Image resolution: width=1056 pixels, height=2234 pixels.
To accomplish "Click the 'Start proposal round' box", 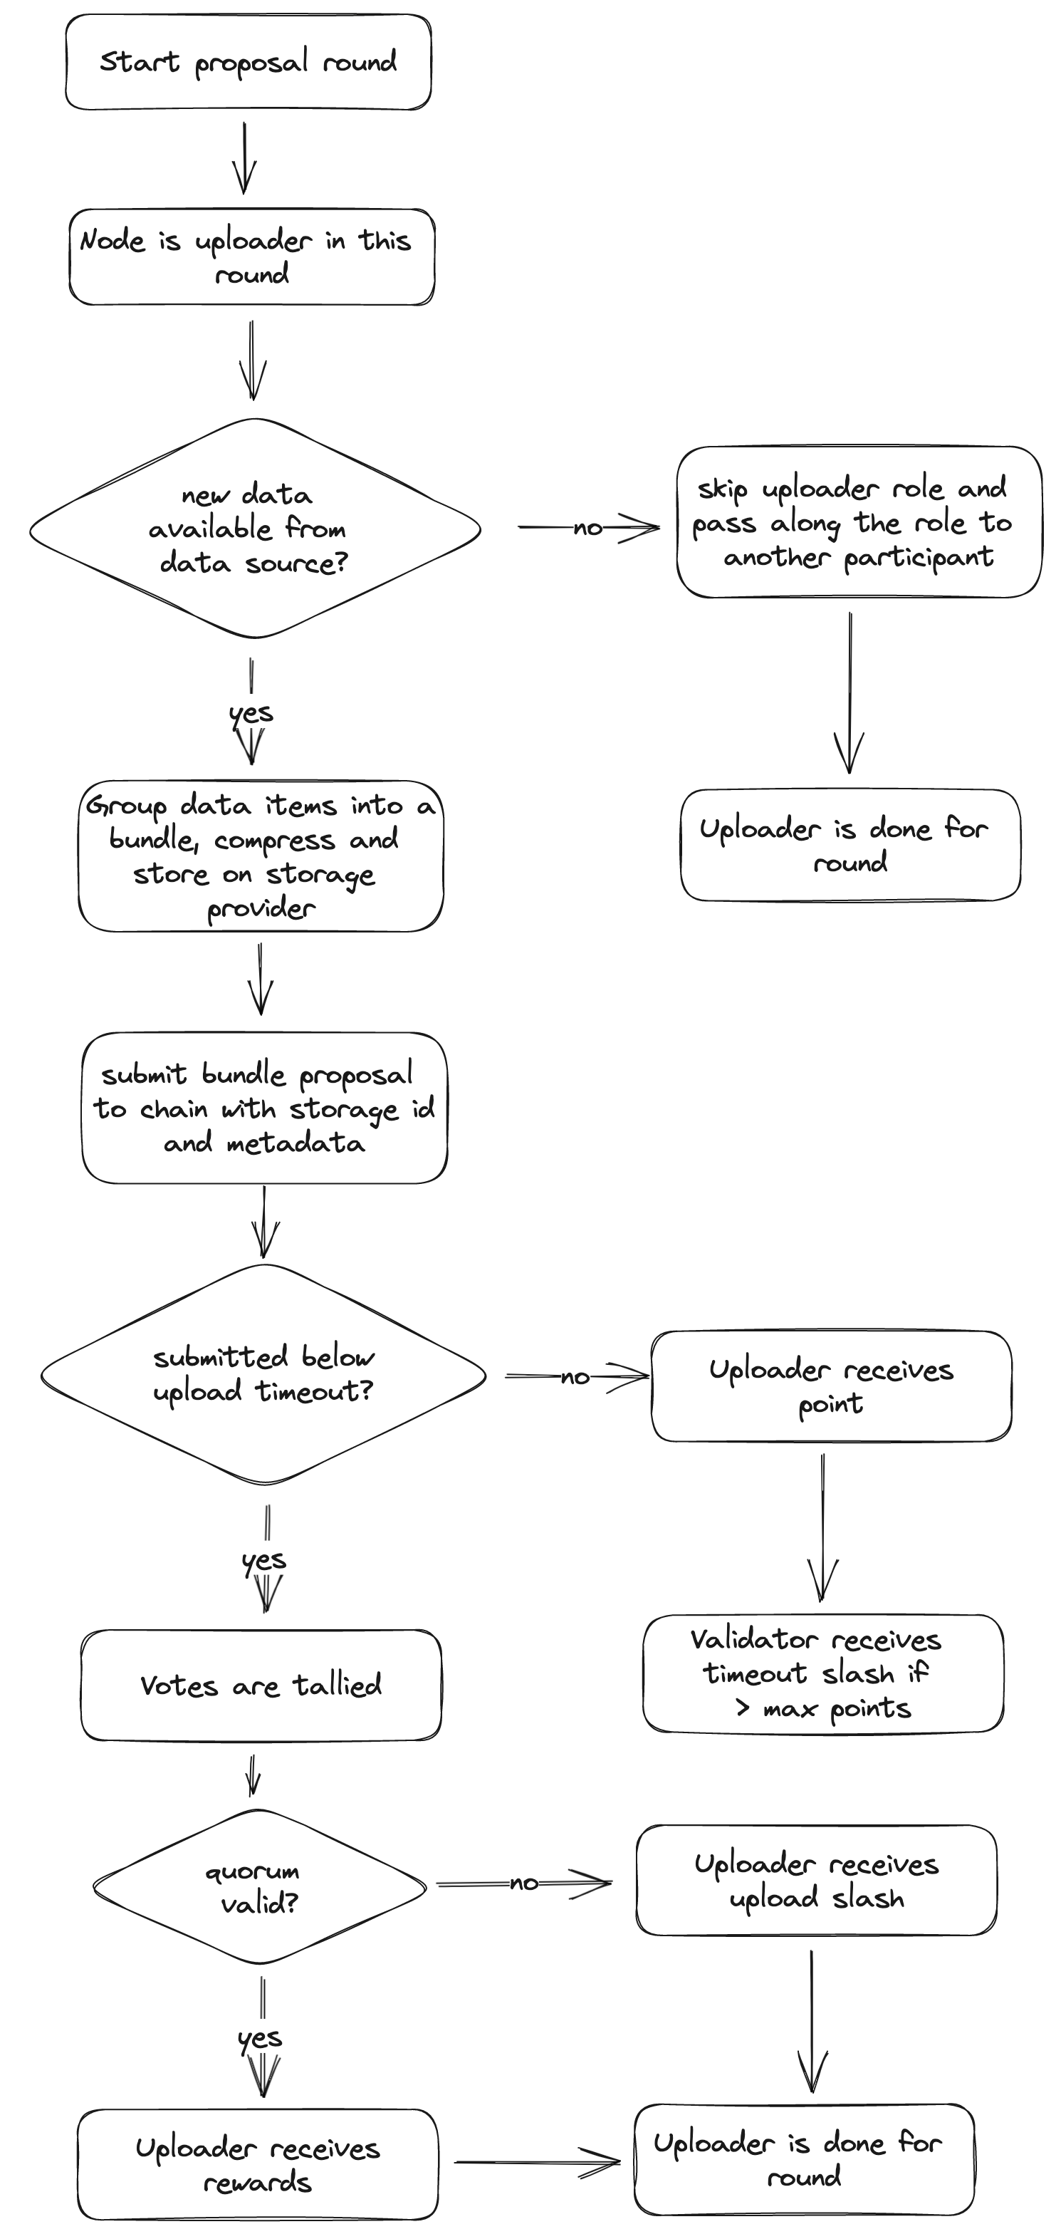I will (248, 61).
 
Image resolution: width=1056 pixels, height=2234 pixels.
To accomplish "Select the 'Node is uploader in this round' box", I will (251, 256).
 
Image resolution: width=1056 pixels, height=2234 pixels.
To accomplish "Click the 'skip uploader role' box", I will (858, 522).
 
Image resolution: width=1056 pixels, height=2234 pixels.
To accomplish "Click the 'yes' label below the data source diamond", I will (251, 714).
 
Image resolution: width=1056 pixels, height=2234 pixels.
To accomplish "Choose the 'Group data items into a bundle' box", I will (260, 856).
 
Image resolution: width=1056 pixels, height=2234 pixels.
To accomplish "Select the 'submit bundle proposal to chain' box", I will (264, 1108).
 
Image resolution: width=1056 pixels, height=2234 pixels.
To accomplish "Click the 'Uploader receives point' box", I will (830, 1386).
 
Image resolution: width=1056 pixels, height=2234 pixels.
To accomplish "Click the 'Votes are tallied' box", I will (261, 1685).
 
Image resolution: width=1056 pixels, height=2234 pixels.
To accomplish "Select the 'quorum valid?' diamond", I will (259, 1887).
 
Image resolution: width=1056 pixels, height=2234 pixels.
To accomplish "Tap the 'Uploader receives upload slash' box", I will (816, 1880).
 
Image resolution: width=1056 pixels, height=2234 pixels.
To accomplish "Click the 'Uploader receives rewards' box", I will (258, 2163).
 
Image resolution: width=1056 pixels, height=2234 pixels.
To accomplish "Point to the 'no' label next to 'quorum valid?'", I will (523, 1883).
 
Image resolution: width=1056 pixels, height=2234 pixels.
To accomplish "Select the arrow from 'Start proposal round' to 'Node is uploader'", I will (244, 158).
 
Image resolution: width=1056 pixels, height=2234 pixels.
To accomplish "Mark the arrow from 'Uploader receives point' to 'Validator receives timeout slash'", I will (822, 1527).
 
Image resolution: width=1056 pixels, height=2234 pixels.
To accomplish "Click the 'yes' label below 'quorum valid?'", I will (259, 2038).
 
